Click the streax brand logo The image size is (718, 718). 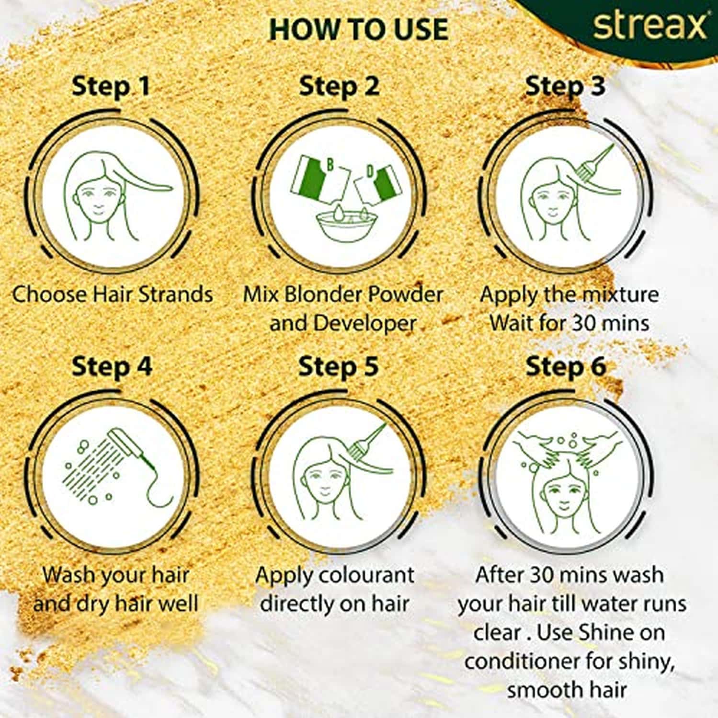click(x=650, y=26)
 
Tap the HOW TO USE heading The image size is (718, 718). click(x=359, y=30)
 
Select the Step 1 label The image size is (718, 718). click(x=111, y=87)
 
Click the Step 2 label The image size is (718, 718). click(x=339, y=87)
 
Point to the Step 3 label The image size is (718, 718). click(x=565, y=87)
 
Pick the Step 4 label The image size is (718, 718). click(x=112, y=367)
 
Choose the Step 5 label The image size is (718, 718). click(x=338, y=367)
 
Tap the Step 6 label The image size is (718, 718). click(x=566, y=367)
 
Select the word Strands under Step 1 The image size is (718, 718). click(x=175, y=295)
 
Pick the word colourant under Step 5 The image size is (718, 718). click(x=366, y=575)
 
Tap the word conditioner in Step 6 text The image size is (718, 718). click(x=522, y=662)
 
